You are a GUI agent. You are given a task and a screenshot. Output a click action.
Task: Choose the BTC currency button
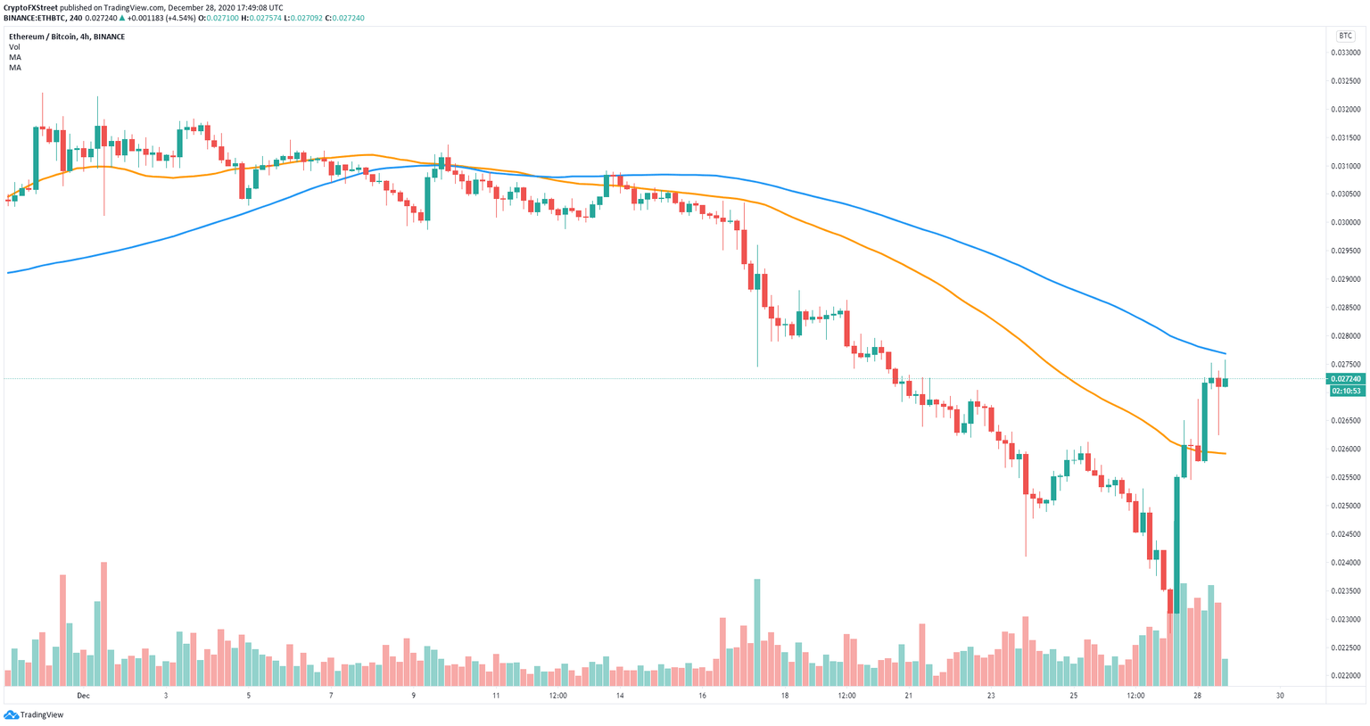pos(1344,36)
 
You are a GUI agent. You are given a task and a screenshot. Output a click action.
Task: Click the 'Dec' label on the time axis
pos(83,696)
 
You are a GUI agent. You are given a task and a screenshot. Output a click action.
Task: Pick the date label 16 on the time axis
pos(703,696)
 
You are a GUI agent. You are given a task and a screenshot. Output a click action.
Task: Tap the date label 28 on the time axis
pos(1197,696)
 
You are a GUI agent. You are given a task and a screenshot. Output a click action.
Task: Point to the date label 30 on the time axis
pos(1280,696)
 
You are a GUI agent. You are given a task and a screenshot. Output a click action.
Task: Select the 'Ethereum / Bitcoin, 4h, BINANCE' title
pos(67,37)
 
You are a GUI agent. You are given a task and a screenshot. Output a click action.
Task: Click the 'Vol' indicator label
pos(14,47)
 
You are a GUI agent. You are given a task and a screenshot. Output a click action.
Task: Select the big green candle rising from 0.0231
pos(1176,544)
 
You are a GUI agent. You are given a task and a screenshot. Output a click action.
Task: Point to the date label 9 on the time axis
pos(413,696)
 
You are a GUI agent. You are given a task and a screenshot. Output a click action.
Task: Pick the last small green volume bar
pos(1225,672)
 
